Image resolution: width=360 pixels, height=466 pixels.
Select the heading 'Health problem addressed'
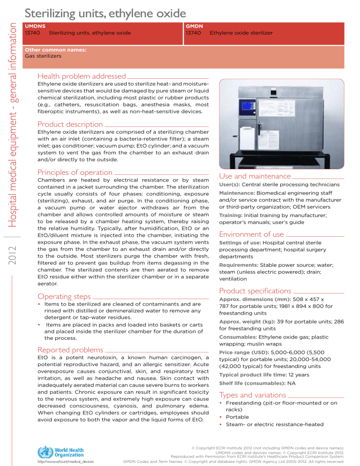[82, 76]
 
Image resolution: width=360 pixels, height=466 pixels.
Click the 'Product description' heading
[70, 124]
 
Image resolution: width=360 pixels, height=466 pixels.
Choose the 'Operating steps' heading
[63, 296]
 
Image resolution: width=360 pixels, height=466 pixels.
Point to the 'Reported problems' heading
[70, 349]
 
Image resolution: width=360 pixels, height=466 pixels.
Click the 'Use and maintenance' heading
[255, 176]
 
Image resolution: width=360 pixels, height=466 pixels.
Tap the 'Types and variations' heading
[253, 395]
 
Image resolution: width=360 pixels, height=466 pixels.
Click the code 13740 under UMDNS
[33, 33]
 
